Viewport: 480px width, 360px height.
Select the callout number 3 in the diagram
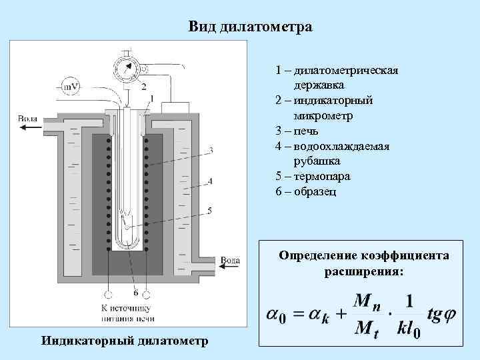point(211,150)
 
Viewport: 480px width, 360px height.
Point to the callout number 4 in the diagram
point(211,180)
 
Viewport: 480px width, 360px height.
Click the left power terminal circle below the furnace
point(107,294)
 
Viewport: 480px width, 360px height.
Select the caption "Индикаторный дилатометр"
point(124,341)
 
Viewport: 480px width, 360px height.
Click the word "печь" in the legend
point(311,131)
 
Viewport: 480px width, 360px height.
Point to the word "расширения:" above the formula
point(364,271)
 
